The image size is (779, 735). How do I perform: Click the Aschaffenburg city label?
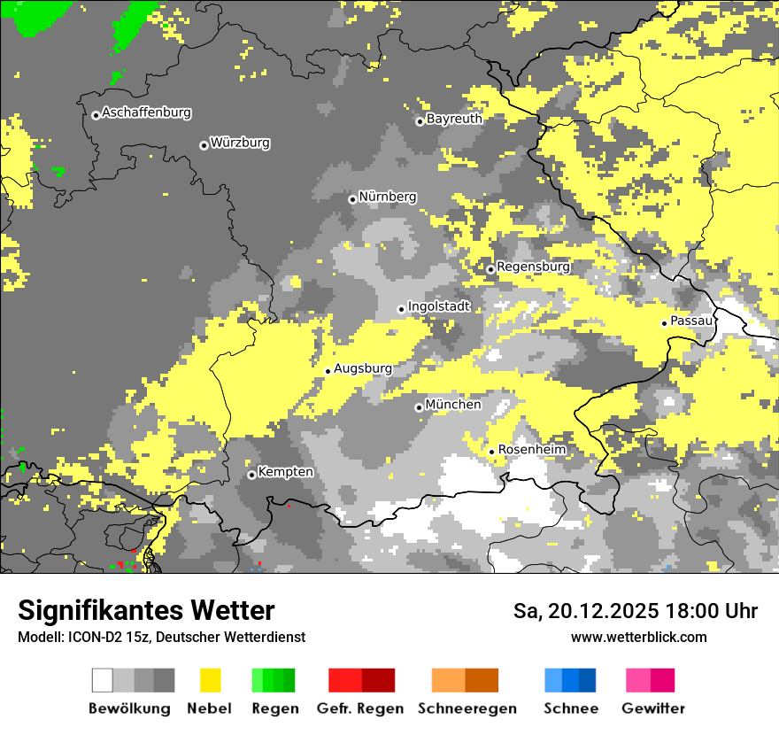pos(146,112)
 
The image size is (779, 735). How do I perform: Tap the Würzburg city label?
pos(240,143)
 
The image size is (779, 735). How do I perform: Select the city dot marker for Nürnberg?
pos(352,199)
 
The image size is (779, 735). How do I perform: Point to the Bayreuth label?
pos(454,118)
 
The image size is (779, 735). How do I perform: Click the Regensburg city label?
pos(533,266)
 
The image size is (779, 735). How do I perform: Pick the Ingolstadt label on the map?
pos(439,306)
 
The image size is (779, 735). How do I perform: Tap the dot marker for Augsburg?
pos(328,371)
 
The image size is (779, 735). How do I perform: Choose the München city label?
pos(453,405)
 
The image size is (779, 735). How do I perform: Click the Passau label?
pos(691,321)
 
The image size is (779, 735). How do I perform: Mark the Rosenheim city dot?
pos(491,453)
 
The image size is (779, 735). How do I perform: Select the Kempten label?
pos(285,472)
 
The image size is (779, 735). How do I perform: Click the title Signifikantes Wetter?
pos(146,610)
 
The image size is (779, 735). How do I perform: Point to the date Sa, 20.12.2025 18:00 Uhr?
pos(635,611)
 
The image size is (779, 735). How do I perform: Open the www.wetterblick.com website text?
pos(638,637)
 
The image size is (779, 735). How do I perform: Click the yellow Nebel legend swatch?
pos(210,680)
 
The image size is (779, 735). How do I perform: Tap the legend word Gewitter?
pos(653,708)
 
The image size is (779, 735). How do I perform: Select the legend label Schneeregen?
pos(467,708)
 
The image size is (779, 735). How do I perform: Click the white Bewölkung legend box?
pos(103,680)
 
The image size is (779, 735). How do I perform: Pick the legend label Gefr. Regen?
pos(360,708)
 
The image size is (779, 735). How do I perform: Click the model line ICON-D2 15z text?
pos(161,637)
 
